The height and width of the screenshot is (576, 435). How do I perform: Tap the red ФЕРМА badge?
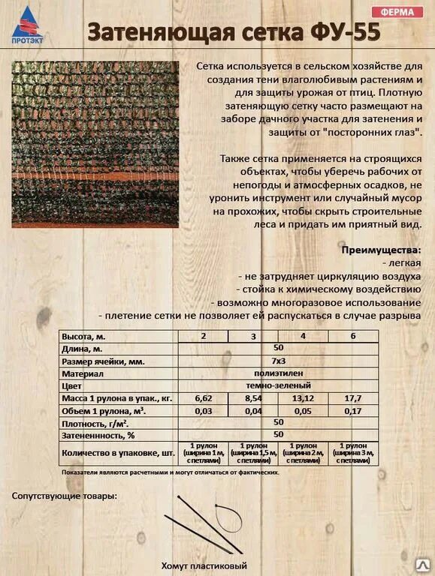coord(397,12)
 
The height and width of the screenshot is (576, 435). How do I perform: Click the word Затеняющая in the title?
coord(162,33)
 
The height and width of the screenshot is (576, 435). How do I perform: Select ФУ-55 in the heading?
coord(342,33)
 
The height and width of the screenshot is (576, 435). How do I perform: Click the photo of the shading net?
coord(95,145)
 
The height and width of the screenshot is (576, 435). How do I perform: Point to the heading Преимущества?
coord(381,249)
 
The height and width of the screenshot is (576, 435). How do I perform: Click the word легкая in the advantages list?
coord(406,262)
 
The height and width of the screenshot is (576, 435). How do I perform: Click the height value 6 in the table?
coord(353,336)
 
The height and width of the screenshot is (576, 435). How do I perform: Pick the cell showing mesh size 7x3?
coord(278,361)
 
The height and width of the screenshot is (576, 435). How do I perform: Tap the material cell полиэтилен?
coord(278,373)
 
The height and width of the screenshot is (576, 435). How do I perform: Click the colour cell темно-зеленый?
coord(278,385)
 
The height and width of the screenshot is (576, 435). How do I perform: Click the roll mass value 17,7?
coord(353,397)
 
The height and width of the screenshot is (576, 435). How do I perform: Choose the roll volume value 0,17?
coord(353,410)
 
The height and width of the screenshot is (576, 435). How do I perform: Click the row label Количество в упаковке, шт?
coord(118,453)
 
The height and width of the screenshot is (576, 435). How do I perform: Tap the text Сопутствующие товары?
coord(65,496)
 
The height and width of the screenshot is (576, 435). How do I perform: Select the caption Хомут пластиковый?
coord(204,565)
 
